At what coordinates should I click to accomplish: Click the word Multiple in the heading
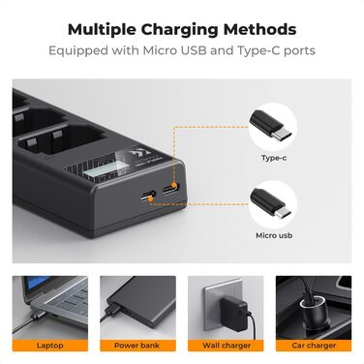tap(102, 30)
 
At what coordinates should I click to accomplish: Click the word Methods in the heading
tap(259, 29)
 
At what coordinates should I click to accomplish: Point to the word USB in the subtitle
tap(194, 50)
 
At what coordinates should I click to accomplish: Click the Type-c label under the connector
tap(274, 158)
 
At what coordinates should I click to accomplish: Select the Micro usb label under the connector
tap(274, 235)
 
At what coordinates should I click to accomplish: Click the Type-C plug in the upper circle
tap(271, 125)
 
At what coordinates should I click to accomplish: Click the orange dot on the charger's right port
tap(174, 186)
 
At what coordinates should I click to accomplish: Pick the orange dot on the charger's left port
tap(150, 199)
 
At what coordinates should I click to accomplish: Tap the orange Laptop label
tap(50, 346)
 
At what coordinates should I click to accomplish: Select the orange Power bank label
tap(137, 346)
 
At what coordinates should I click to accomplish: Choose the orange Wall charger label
tap(226, 346)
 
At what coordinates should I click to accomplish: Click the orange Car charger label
tap(314, 346)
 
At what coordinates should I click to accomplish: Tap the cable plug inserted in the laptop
tap(36, 315)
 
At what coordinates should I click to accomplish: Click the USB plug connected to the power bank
tap(113, 308)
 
